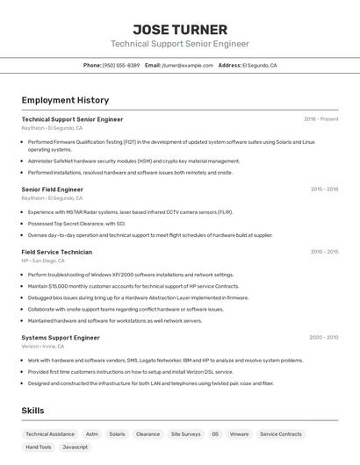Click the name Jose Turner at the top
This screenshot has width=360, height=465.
(x=180, y=29)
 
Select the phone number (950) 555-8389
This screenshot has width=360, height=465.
(x=121, y=65)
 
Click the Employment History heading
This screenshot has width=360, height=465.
(x=65, y=100)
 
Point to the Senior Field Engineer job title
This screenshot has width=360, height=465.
(x=53, y=189)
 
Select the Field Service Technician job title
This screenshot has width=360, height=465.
(x=56, y=252)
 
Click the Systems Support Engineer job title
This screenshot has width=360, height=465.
(x=61, y=337)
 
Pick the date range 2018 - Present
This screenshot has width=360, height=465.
(x=321, y=119)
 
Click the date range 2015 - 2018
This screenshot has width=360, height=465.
(x=324, y=189)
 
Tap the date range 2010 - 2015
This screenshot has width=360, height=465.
(x=324, y=252)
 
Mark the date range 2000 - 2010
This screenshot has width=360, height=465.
(x=323, y=337)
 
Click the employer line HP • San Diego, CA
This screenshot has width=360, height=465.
(x=43, y=261)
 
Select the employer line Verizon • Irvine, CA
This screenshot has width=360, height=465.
(x=43, y=346)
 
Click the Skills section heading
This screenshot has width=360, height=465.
(x=32, y=411)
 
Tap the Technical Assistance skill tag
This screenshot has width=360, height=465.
(x=50, y=433)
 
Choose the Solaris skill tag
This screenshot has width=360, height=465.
(x=117, y=433)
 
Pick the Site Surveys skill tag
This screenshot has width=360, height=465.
(x=185, y=433)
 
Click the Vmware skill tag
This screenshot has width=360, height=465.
(x=239, y=433)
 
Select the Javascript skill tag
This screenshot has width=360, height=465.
(x=75, y=447)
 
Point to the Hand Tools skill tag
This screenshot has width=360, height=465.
(x=39, y=447)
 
